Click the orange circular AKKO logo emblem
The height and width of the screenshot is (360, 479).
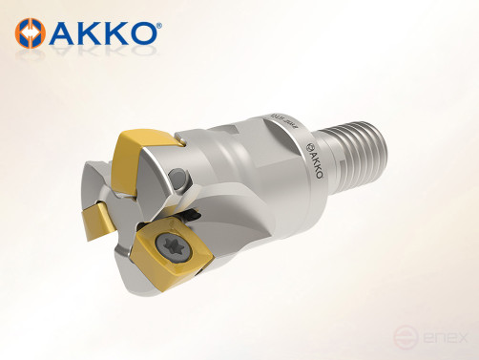[x=31, y=33]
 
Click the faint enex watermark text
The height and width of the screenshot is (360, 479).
[x=451, y=336]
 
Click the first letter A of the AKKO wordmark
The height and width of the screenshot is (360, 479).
[x=62, y=33]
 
